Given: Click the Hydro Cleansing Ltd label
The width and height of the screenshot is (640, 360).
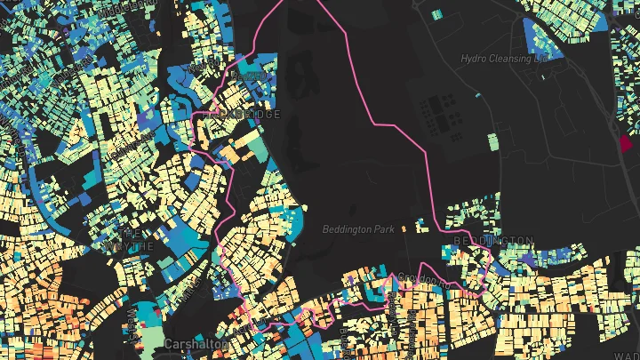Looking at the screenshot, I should click(x=505, y=59).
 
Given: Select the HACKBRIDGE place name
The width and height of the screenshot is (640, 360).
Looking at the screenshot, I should click(x=241, y=115).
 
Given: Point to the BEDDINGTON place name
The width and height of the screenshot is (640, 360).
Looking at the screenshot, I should click(x=493, y=241).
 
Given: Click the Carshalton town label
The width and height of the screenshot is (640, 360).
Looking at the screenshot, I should click(x=195, y=343).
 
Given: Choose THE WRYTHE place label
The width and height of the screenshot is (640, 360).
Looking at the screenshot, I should click(x=129, y=239).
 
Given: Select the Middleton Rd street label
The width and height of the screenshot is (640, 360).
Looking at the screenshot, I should click(x=98, y=5).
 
